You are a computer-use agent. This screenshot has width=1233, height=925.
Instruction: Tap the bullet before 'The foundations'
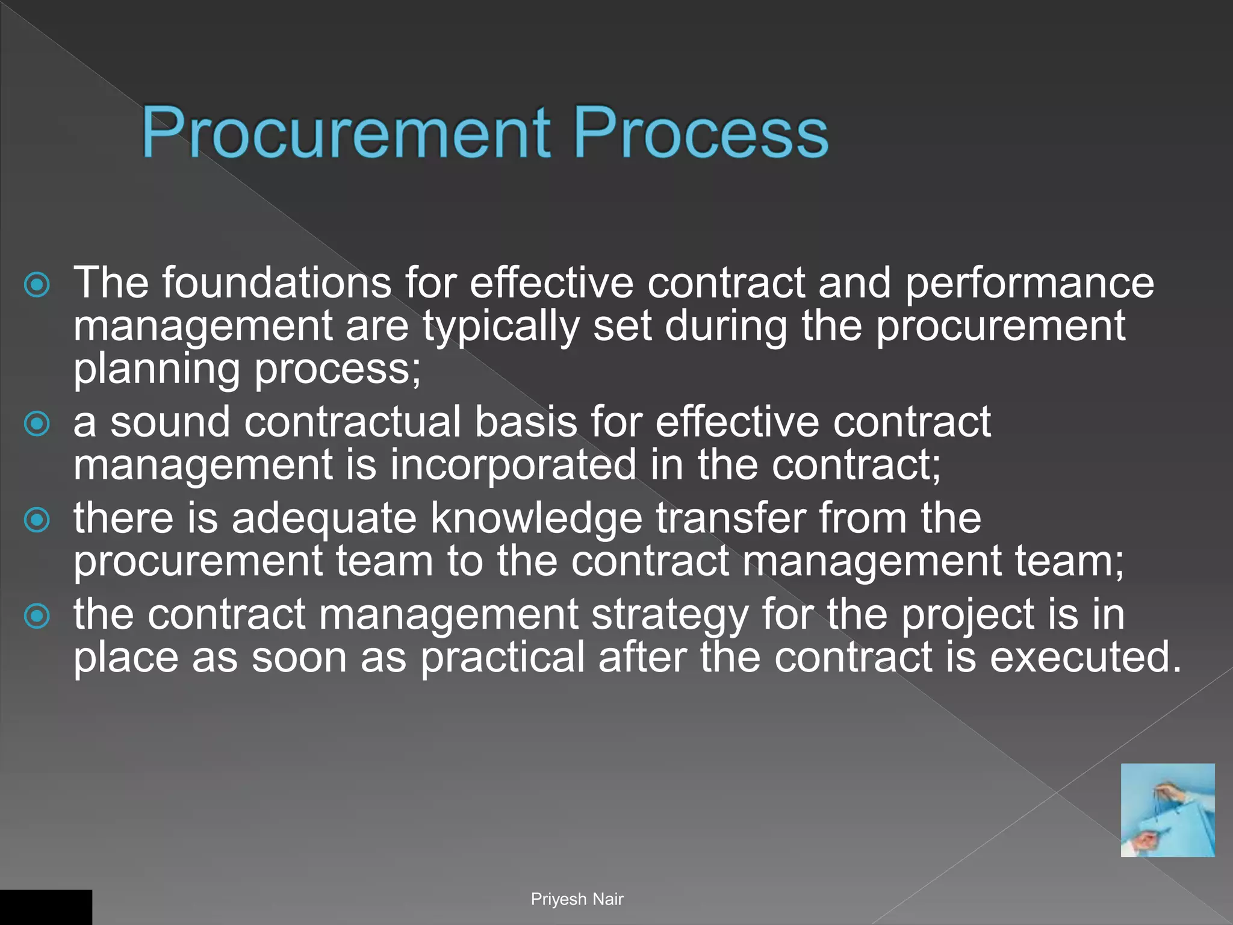click(37, 285)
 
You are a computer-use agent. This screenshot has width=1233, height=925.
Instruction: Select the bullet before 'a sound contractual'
click(37, 424)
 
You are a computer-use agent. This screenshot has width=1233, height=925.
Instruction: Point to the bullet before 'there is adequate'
click(37, 520)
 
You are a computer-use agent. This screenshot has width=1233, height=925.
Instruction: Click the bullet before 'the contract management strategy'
click(37, 616)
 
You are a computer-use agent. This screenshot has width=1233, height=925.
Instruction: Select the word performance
click(1030, 283)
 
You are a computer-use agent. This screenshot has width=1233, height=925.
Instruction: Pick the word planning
click(157, 370)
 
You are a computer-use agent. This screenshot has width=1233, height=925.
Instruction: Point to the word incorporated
click(513, 465)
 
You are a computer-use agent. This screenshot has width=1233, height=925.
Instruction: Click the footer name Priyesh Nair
click(577, 899)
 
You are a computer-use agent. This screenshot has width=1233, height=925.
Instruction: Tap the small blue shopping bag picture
click(1167, 810)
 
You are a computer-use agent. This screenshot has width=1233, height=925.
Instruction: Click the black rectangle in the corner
click(46, 907)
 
